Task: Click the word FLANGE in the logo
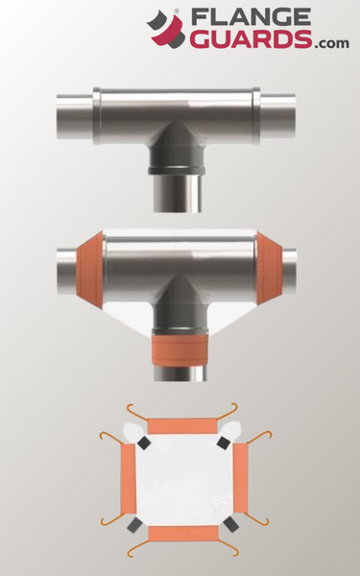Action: click(x=251, y=17)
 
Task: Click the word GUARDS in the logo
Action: click(x=251, y=39)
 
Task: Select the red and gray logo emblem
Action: click(x=166, y=30)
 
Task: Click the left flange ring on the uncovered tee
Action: click(x=97, y=116)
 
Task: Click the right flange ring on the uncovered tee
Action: click(x=256, y=116)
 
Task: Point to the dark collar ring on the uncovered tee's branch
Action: click(x=177, y=171)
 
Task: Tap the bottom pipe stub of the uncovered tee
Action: click(x=178, y=194)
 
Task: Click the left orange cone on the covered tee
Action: click(x=89, y=270)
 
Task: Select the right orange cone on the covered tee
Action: click(x=269, y=269)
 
